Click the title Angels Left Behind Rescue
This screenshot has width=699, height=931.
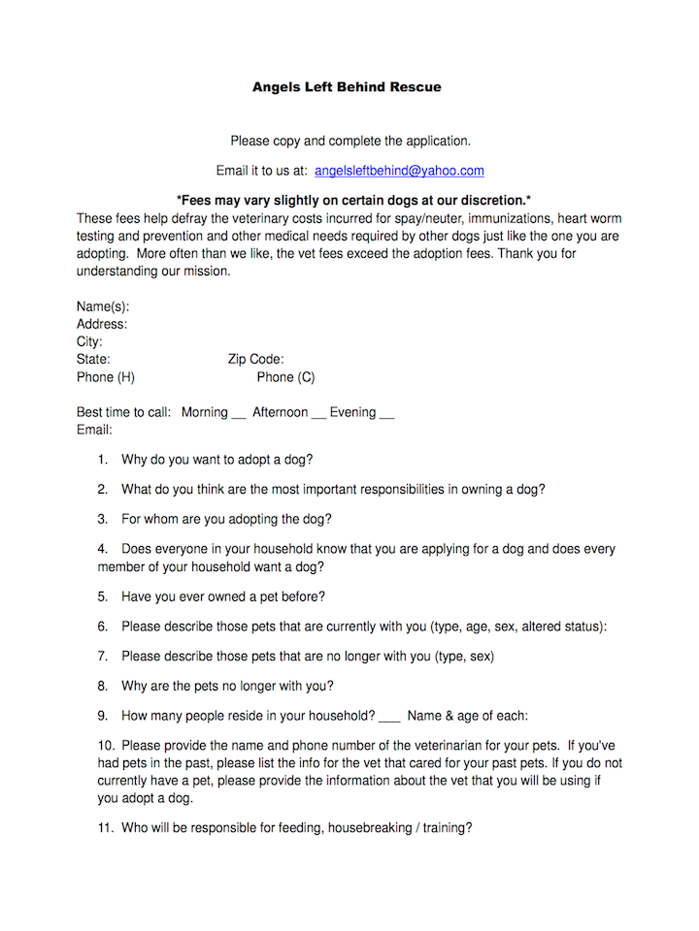point(347,87)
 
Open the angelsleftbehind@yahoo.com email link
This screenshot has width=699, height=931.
point(399,171)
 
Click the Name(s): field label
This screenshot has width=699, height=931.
point(103,306)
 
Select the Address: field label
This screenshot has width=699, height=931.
point(102,324)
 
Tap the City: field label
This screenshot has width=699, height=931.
point(89,342)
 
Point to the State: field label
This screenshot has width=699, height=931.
point(93,360)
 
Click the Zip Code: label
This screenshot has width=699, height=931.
point(256,360)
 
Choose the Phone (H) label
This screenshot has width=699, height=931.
point(106,377)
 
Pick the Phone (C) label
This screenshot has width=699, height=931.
point(285,377)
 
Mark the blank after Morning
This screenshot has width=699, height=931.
point(239,414)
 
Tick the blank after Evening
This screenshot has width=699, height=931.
point(386,414)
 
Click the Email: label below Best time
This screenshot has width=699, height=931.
point(94,430)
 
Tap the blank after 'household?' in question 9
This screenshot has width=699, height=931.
point(388,719)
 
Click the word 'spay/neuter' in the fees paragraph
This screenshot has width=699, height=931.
point(399,219)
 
